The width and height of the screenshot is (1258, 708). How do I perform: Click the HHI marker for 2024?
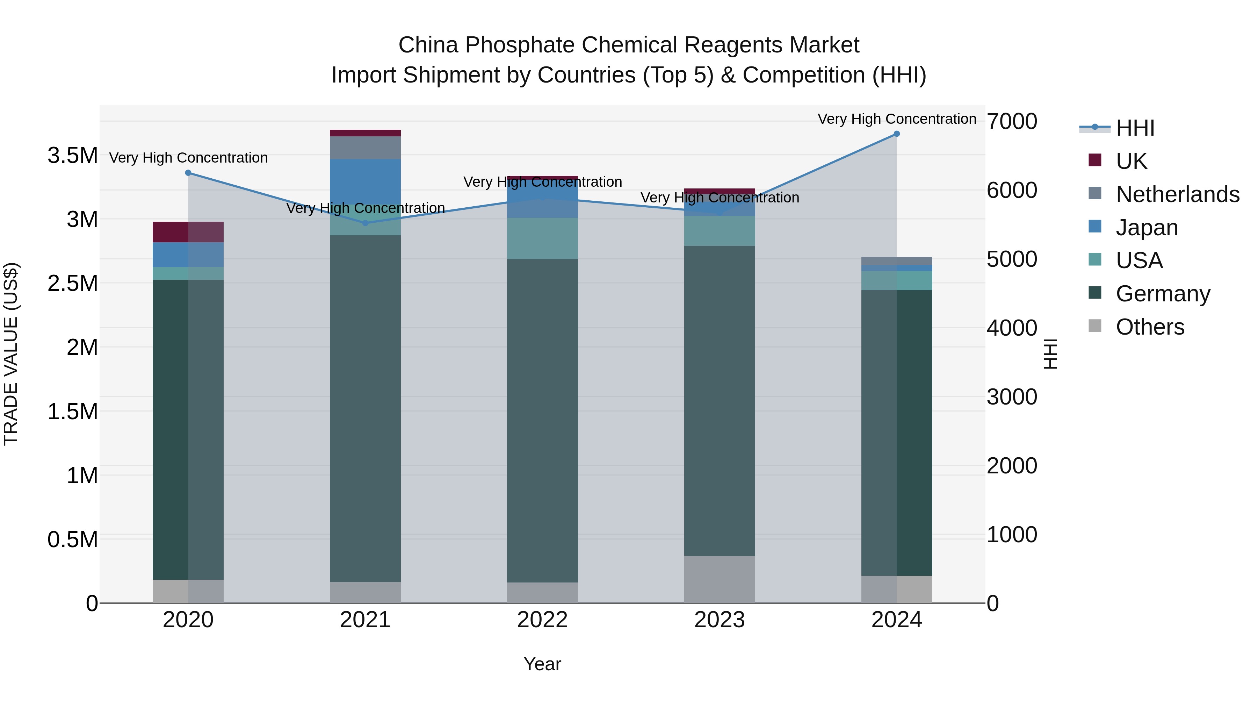(x=897, y=134)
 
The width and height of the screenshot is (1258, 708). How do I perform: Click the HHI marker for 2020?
(x=188, y=173)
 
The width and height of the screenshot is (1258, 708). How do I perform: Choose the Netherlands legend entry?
(x=1177, y=194)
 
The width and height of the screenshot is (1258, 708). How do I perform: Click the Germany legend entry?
(x=1162, y=294)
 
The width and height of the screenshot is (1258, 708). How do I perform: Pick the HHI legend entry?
(x=1134, y=128)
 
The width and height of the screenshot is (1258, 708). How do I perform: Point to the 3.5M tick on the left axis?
(x=72, y=156)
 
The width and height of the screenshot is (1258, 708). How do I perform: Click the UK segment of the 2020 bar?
(x=188, y=232)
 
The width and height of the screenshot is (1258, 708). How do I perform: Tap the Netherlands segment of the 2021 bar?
(x=365, y=148)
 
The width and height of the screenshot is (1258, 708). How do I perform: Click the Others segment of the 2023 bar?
(x=720, y=579)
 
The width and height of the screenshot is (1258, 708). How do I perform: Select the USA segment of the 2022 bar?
(x=542, y=238)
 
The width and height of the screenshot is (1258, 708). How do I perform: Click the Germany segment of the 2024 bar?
(x=897, y=432)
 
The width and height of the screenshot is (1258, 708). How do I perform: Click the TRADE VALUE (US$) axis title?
(x=11, y=354)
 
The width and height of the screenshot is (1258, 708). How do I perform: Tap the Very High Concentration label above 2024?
(x=897, y=119)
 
